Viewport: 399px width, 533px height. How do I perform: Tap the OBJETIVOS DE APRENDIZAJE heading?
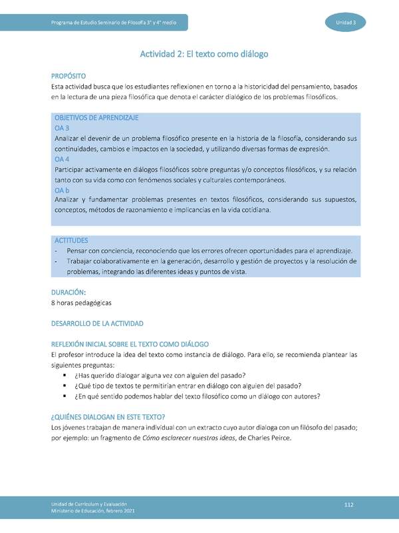coord(96,117)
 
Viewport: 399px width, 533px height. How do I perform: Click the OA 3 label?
coord(62,127)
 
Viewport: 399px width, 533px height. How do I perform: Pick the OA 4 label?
coord(62,159)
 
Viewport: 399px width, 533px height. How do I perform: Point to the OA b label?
coord(62,191)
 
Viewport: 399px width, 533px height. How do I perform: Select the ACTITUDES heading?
coord(71,240)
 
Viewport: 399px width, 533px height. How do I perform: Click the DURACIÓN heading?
coord(69,292)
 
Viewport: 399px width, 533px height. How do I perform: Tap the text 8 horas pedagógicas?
coord(81,302)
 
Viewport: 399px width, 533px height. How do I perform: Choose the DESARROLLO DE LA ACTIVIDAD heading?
coord(97,323)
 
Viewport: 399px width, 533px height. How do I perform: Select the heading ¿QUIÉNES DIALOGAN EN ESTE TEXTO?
coord(108,417)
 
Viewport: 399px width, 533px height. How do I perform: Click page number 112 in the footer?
coord(348,506)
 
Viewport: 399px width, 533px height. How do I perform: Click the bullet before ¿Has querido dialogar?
coord(65,376)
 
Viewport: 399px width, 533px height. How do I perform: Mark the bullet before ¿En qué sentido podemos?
coord(65,397)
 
